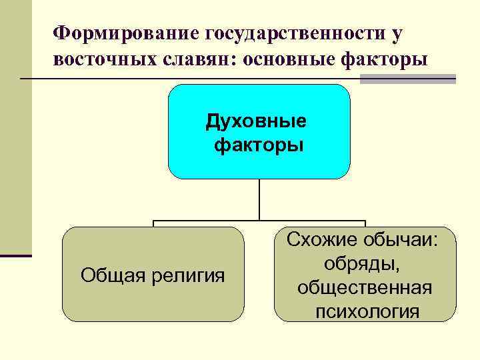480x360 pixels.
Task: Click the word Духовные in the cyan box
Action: [258, 121]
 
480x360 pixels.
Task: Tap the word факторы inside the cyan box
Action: [259, 145]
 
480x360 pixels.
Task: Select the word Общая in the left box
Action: [107, 274]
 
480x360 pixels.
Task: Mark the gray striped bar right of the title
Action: [408, 79]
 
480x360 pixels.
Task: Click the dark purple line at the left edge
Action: [16, 255]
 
